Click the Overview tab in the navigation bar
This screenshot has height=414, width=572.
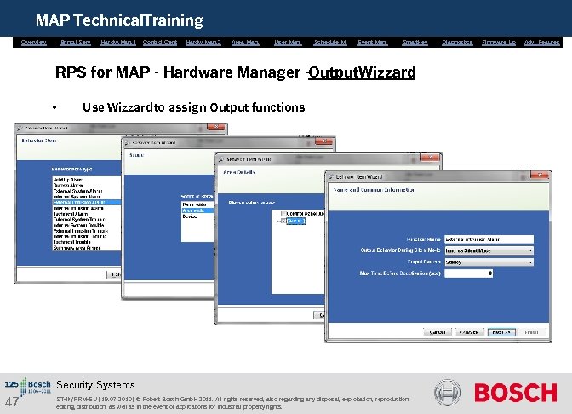click(x=34, y=42)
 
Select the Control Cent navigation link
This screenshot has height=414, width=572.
click(x=160, y=42)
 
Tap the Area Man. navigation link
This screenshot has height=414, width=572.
click(x=245, y=42)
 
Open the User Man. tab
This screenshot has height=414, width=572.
click(x=288, y=42)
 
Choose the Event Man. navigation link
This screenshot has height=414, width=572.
click(x=373, y=42)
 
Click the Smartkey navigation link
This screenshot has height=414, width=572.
click(x=415, y=42)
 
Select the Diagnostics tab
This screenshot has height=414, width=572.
click(x=457, y=42)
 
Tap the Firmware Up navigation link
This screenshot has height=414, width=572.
click(x=499, y=42)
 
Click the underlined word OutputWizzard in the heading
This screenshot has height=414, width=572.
click(x=363, y=72)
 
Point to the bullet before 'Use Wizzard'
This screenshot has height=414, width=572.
click(x=54, y=108)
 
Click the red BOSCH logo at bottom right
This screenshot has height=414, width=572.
click(x=515, y=393)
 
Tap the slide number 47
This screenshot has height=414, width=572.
click(x=12, y=402)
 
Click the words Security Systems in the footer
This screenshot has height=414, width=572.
click(x=95, y=385)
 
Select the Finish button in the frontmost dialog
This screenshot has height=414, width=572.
click(x=530, y=332)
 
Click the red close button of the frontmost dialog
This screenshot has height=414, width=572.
click(x=537, y=175)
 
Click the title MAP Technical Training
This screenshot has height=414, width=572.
click(x=119, y=20)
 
